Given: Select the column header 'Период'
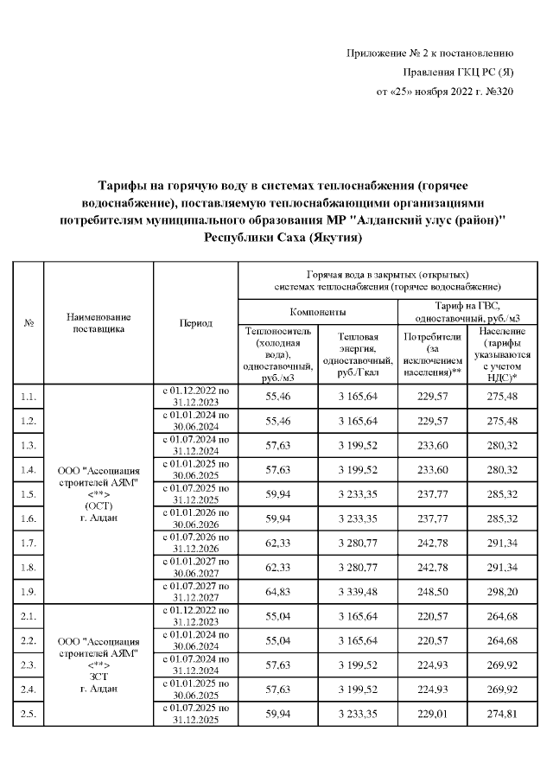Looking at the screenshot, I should [x=195, y=322].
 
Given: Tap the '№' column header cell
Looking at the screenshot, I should [x=29, y=322].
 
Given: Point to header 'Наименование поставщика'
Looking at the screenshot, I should [x=98, y=322].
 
